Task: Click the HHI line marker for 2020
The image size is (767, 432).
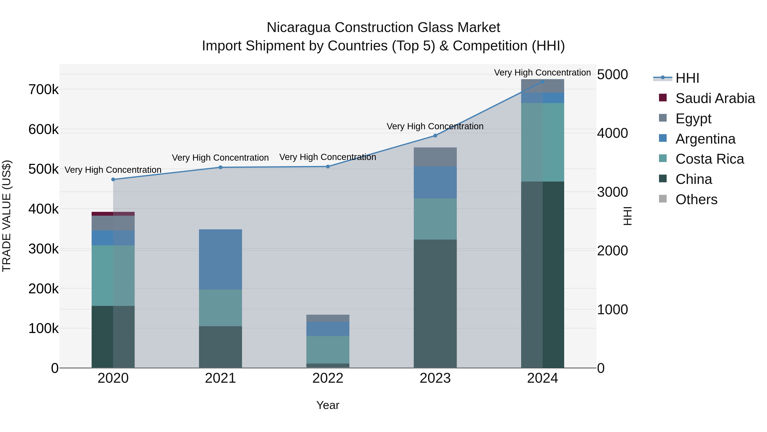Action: coord(113,179)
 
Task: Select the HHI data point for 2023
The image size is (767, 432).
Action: coord(435,136)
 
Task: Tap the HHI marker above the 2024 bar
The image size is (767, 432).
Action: coord(542,81)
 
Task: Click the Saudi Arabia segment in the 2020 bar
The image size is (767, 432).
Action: coord(113,214)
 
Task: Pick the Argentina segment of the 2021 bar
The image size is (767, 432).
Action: coord(220,259)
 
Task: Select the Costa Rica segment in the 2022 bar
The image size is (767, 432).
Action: coord(328,350)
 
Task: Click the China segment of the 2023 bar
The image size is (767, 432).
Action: coord(435,304)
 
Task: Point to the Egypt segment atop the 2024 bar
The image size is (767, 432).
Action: coord(542,86)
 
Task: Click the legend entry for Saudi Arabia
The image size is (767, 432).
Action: coord(715,98)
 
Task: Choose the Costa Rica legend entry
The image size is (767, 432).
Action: coord(709,159)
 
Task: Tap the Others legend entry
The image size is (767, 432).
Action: coord(696,199)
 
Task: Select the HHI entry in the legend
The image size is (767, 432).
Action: coord(687,78)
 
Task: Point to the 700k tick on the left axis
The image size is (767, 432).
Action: coord(43,89)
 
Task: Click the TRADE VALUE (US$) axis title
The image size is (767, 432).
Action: coord(7,216)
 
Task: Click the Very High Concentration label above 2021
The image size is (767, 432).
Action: coord(220,158)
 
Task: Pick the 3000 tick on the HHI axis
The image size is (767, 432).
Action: coord(612,192)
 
